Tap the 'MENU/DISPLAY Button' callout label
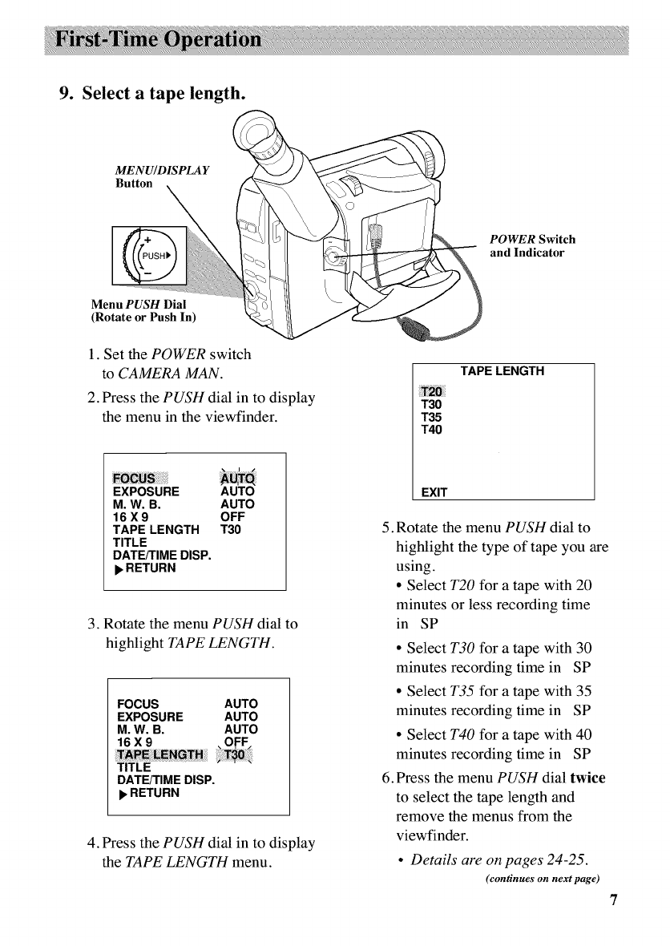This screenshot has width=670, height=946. pyautogui.click(x=163, y=176)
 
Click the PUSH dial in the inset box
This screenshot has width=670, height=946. pyautogui.click(x=154, y=254)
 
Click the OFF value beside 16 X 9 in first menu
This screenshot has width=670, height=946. pyautogui.click(x=232, y=517)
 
